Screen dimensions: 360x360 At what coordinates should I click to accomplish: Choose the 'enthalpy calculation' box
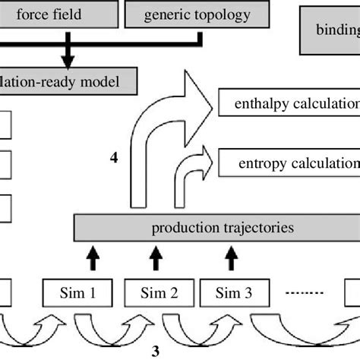click(289, 103)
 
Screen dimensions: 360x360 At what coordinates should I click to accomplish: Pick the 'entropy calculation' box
click(289, 162)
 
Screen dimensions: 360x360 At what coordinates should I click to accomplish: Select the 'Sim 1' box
click(88, 291)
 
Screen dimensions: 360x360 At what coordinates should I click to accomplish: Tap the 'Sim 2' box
click(156, 291)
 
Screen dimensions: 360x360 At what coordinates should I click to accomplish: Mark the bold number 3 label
click(156, 350)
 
